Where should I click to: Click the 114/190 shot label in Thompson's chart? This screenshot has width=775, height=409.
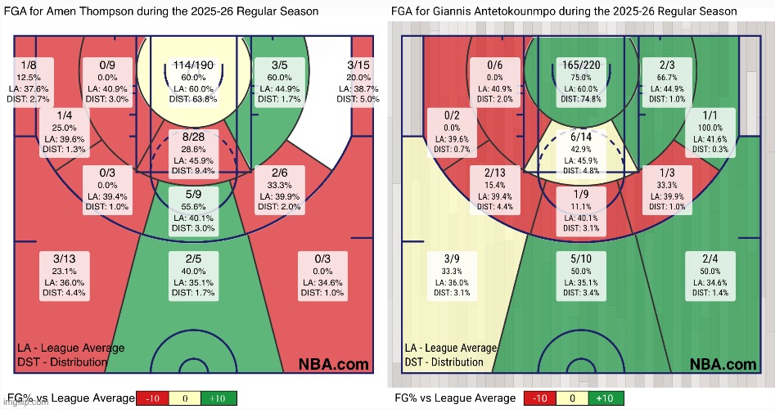tap(193, 65)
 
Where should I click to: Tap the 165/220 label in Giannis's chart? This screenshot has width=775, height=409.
tap(582, 65)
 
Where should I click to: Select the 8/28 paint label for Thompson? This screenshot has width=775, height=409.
tap(193, 137)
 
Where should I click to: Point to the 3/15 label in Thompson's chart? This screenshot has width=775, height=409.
tap(358, 65)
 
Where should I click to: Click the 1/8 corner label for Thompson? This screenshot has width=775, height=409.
tap(29, 65)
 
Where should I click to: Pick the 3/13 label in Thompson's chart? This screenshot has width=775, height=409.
tap(64, 258)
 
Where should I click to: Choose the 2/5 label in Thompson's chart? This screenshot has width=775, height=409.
tap(193, 258)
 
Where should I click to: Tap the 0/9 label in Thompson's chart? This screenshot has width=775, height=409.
tap(107, 65)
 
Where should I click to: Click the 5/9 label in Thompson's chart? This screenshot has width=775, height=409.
tap(193, 195)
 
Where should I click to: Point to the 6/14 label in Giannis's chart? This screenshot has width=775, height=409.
tap(582, 137)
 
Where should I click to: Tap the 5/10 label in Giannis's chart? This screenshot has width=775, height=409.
tap(582, 258)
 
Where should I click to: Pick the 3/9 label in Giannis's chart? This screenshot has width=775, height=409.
tap(453, 258)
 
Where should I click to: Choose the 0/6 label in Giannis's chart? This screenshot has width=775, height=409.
tap(494, 65)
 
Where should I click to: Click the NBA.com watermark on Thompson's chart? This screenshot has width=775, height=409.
tap(334, 364)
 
